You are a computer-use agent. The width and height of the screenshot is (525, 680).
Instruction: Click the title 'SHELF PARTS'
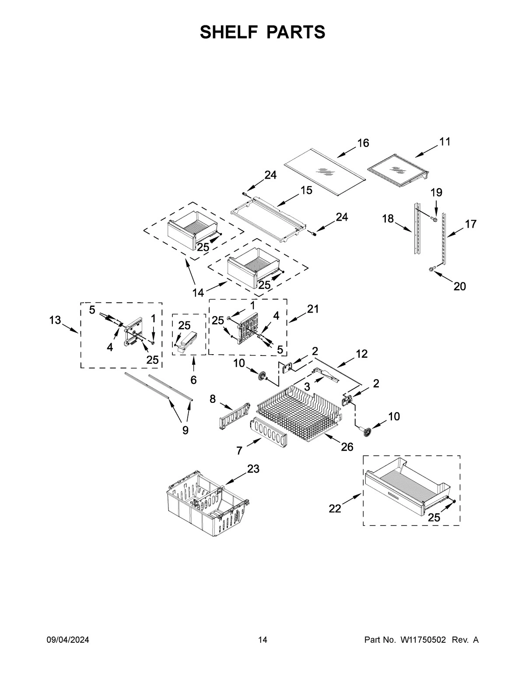coord(262,32)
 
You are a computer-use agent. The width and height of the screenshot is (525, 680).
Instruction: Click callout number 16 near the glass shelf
coord(363,143)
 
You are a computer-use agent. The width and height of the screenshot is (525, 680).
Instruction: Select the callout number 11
coord(444,141)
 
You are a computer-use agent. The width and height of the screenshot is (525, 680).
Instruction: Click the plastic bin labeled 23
coord(206,506)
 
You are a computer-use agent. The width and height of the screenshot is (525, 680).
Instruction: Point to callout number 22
coord(335,508)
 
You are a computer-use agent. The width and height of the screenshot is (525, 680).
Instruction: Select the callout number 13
coord(55,320)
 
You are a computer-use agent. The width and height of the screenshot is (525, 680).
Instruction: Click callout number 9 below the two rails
coord(185,430)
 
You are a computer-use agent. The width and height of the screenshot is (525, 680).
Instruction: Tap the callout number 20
coord(459,286)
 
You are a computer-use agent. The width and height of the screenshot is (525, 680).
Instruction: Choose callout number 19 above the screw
coord(436,192)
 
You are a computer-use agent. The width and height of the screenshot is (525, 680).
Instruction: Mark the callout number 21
coord(313,309)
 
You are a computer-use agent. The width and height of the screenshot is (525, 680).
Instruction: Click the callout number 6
coord(193,380)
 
